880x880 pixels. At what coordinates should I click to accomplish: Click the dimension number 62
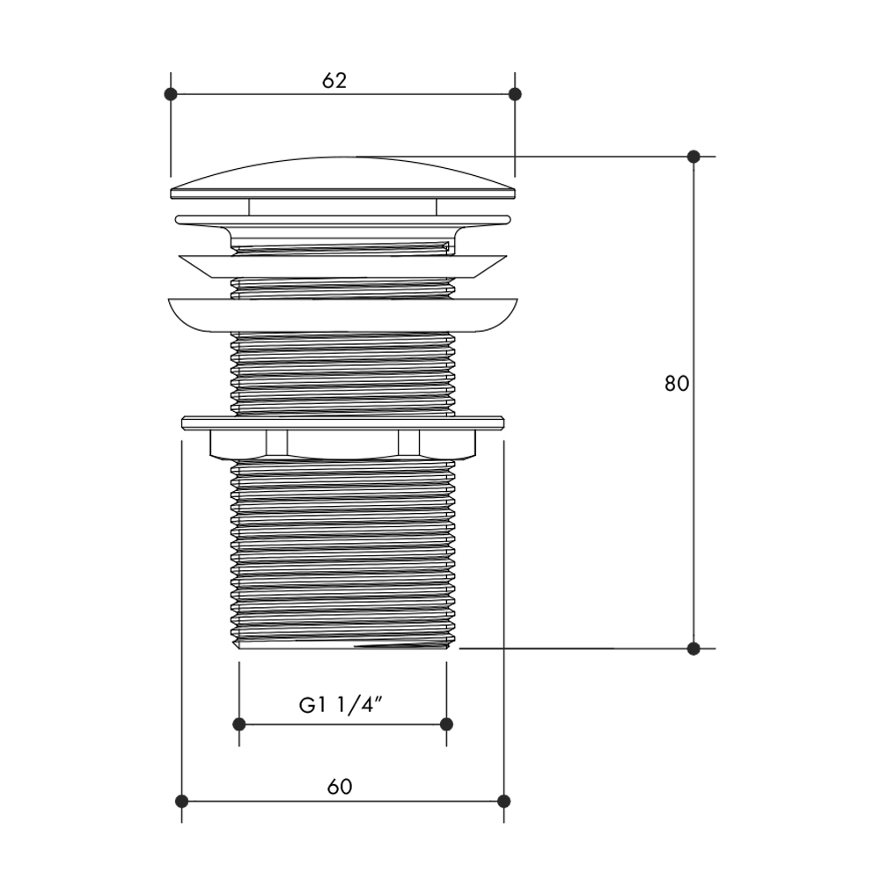click(334, 81)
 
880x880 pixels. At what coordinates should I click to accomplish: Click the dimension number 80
click(677, 384)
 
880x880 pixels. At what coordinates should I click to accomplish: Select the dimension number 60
click(340, 787)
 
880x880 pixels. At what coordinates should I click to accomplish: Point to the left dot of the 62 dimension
click(171, 94)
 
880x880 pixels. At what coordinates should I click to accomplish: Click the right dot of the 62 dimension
click(515, 94)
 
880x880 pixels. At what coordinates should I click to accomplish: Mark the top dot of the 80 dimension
click(693, 156)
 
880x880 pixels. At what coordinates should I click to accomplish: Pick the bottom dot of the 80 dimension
click(693, 649)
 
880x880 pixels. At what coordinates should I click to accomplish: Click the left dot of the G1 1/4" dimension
click(239, 724)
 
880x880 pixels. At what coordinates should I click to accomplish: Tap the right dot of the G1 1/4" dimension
click(447, 724)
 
